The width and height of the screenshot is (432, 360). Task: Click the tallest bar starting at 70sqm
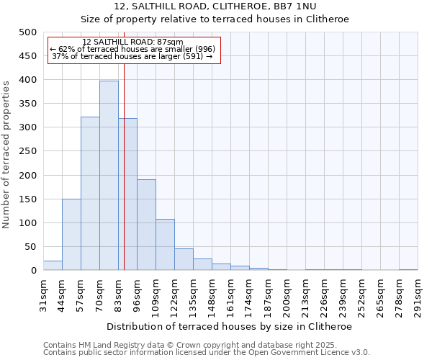(109, 176)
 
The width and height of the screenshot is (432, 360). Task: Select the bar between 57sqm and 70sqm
(90, 194)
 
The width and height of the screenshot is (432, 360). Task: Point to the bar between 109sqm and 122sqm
(165, 245)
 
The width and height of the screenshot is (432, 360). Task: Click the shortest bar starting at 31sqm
(53, 266)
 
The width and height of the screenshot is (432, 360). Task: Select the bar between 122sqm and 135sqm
(184, 260)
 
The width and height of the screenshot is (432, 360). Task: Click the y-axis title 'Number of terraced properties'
(6, 154)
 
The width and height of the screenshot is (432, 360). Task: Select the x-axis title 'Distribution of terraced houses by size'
(230, 326)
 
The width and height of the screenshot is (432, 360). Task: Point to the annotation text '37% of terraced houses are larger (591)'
(132, 56)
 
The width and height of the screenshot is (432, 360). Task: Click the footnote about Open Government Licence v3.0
(207, 353)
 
